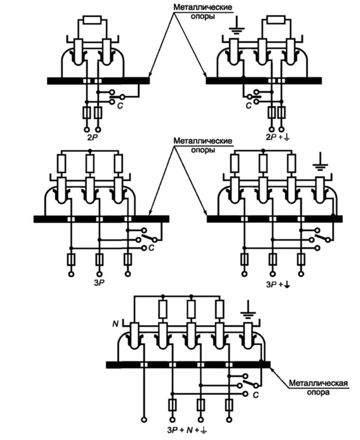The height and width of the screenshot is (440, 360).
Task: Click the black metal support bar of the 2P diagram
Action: click(98, 81)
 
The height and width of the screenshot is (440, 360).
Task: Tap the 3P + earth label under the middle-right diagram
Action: click(276, 284)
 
